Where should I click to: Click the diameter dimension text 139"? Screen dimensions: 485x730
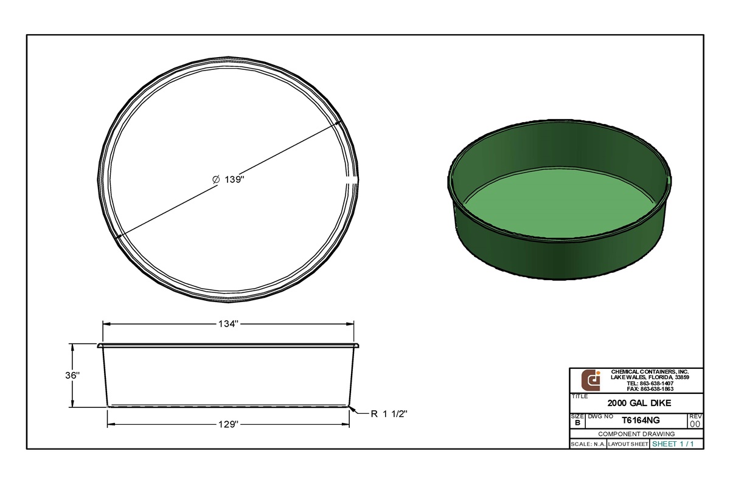coord(228,180)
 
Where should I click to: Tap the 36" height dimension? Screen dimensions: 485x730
coord(72,376)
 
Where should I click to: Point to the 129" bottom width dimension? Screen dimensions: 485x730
coord(228,424)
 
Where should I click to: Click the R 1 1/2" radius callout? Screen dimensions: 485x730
coord(389,414)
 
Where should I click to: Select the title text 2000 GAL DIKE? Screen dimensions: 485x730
coord(636,402)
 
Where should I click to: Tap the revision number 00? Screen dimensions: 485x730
coord(695,424)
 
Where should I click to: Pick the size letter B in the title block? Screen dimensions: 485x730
coord(577,422)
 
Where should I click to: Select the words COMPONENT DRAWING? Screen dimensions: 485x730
coord(636,434)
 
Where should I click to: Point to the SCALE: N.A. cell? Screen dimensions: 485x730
coord(588,444)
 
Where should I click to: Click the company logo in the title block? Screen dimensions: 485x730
coord(591,380)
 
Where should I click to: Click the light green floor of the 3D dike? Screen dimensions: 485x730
coord(560,201)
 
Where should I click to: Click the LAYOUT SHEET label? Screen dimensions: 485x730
coord(628,444)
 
